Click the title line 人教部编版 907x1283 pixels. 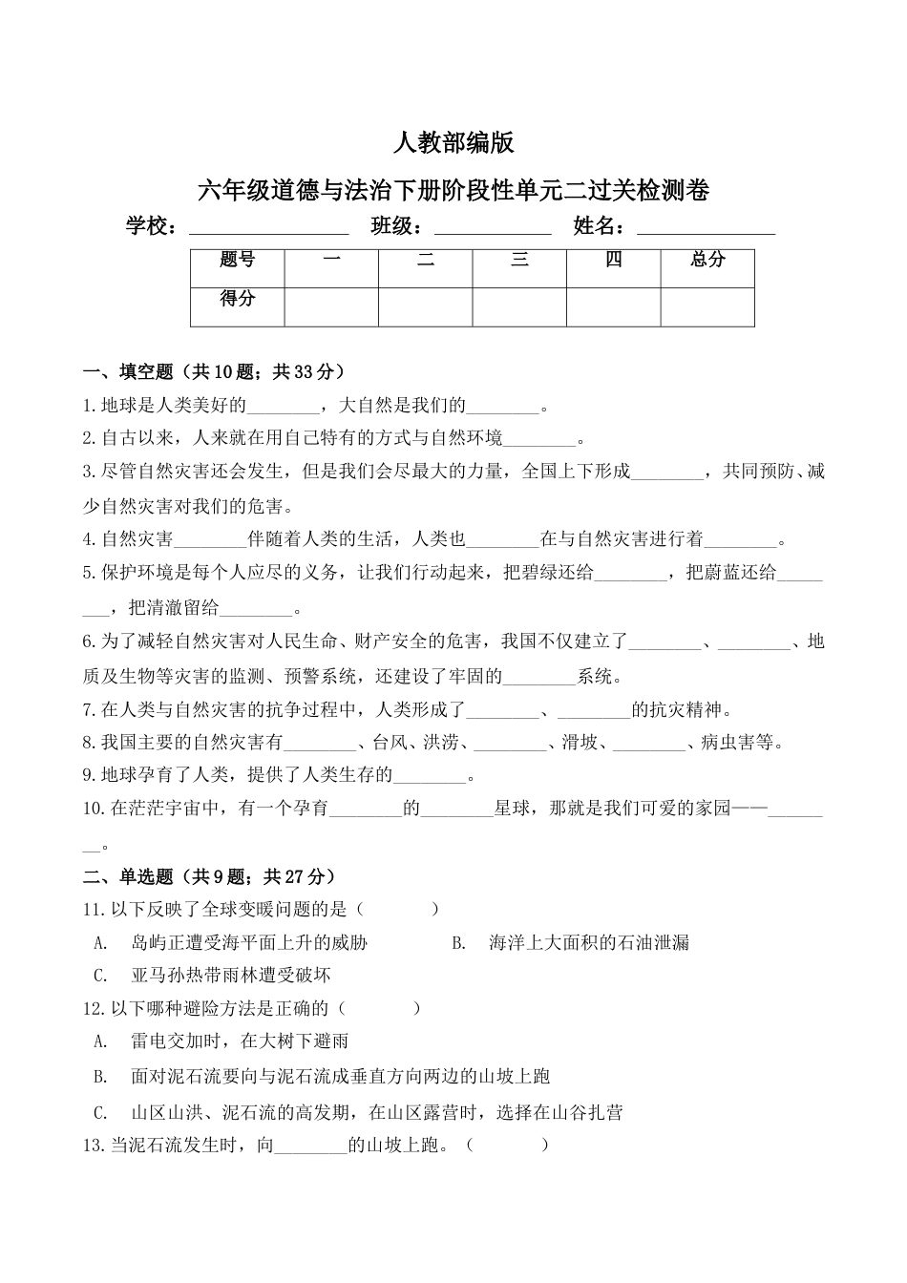(x=453, y=143)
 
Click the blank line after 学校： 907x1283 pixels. (x=269, y=228)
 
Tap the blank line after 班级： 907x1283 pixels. (x=493, y=228)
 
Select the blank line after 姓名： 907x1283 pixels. (x=706, y=228)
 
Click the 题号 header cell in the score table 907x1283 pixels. (x=238, y=260)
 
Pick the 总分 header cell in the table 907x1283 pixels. (x=707, y=260)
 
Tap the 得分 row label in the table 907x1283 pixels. (x=238, y=299)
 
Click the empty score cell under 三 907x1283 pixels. (x=519, y=305)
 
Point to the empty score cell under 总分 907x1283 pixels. (x=707, y=305)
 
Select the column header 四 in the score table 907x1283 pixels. (x=614, y=260)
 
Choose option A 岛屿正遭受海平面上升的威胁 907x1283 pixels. (x=248, y=943)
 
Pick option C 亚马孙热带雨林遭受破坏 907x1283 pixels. (x=230, y=976)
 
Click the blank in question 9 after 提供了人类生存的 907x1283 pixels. (x=430, y=775)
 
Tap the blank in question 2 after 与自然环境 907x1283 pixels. (x=539, y=440)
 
